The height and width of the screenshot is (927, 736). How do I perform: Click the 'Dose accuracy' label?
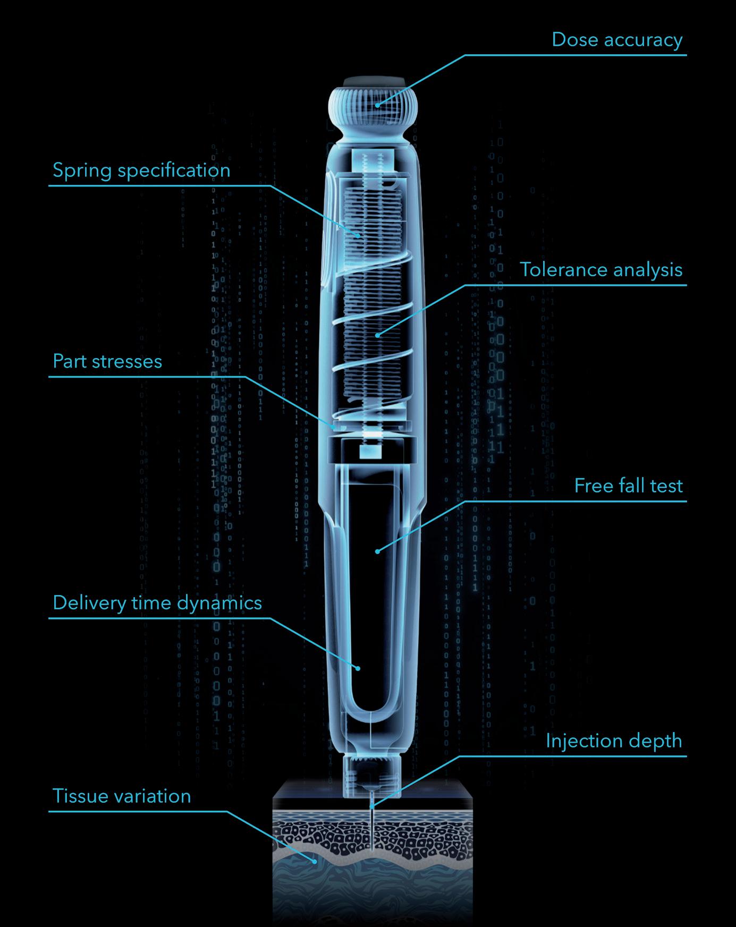coord(616,40)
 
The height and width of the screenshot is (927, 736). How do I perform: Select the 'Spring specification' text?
coord(141,171)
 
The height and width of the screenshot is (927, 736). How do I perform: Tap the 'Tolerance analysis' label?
coord(601,270)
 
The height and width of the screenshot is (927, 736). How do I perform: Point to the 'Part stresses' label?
coord(107,362)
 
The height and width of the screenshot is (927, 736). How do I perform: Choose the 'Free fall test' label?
coord(628,486)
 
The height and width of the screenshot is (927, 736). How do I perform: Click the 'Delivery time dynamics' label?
coord(157,603)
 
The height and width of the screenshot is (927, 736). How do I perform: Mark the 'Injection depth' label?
coord(614,741)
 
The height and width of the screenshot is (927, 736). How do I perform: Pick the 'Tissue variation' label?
coord(122,796)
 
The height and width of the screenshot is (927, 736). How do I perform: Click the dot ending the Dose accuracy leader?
coord(377,105)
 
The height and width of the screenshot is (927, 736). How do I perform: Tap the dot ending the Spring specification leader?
coord(359,235)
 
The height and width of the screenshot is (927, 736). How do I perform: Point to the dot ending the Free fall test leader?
coord(377,551)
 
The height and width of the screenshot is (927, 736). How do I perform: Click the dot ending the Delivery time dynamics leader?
coord(358,668)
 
